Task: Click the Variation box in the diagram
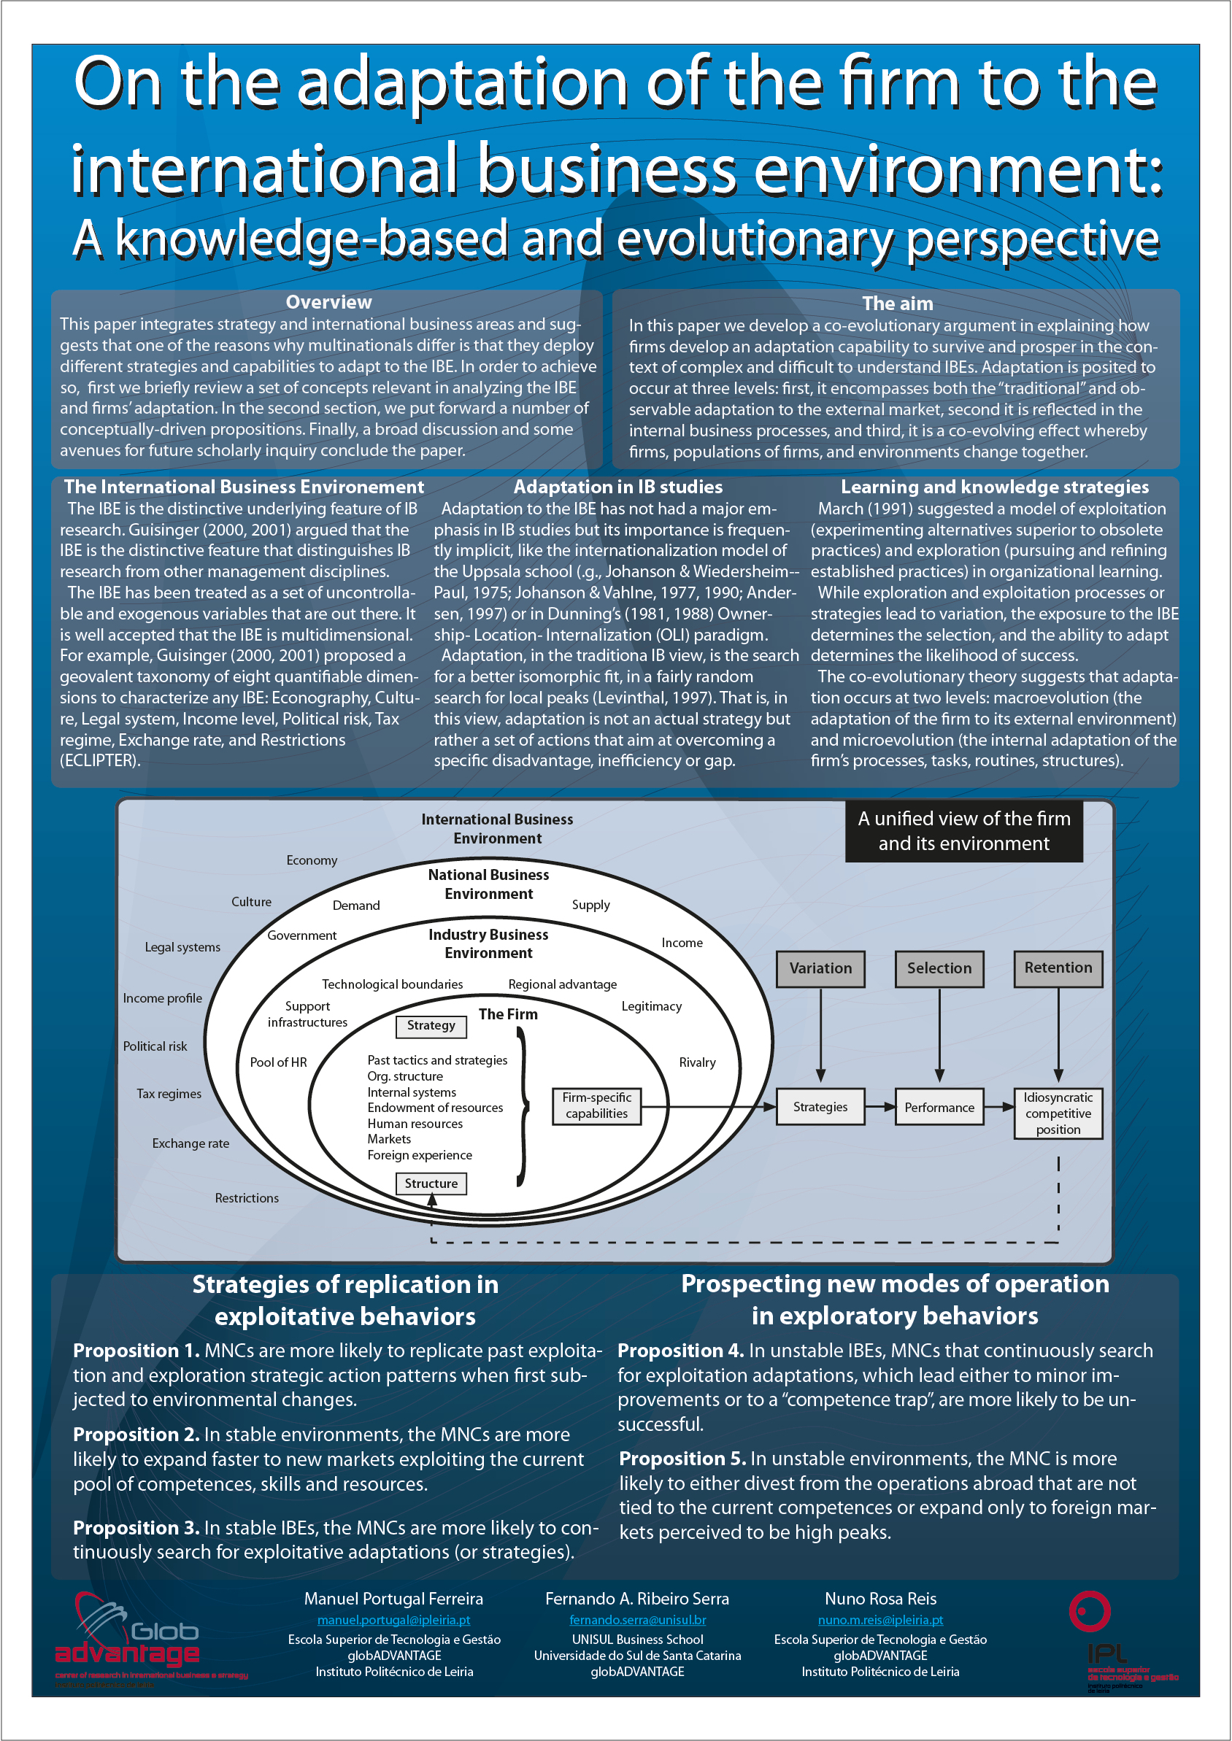pos(820,968)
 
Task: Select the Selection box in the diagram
pos(939,968)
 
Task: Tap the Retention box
pos(1058,968)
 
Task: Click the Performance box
pos(939,1107)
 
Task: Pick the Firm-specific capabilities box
pos(596,1105)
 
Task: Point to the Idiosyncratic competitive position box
pos(1058,1113)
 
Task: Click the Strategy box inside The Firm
pos(431,1026)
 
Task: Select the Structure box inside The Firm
pos(431,1184)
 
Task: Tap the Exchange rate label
pos(190,1143)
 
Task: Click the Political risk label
pos(155,1046)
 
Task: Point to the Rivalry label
pos(697,1062)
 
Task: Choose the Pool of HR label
pos(278,1062)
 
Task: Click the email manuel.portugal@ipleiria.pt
pos(393,1620)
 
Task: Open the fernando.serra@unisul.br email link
pos(637,1620)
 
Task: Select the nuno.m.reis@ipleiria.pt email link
pos(880,1620)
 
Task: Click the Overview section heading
pos(328,303)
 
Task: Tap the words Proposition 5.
pos(681,1458)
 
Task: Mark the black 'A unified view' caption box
pos(963,831)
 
